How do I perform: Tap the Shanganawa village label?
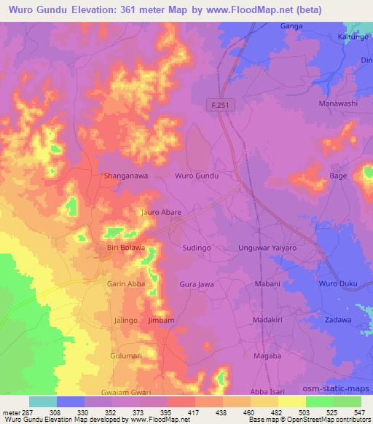click(129, 176)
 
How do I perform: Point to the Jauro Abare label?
click(160, 212)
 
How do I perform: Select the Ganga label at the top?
click(291, 25)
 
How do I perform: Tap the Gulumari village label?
click(121, 355)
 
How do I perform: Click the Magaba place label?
click(268, 355)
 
